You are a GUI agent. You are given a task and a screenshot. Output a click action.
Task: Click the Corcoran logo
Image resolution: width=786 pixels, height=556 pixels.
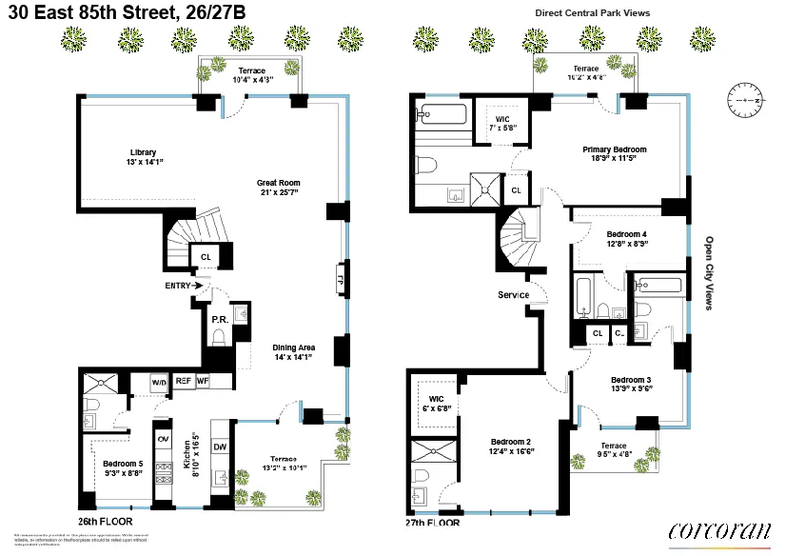pos(719,531)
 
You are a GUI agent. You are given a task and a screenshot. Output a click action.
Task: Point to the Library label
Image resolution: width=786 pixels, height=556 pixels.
pos(143,157)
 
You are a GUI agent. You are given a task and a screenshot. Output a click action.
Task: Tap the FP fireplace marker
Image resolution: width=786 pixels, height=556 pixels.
pos(339,280)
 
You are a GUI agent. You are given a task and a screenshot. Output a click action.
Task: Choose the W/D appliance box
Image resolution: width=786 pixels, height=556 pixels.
pos(159,382)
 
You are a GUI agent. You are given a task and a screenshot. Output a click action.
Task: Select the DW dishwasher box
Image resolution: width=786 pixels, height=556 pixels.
pos(220,447)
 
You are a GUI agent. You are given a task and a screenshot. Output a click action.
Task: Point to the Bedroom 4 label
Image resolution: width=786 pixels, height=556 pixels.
pos(626,238)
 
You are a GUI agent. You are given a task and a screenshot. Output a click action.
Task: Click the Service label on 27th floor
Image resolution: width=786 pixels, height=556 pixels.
pos(513,295)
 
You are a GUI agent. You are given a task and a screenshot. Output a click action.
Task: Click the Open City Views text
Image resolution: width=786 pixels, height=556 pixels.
pos(709,273)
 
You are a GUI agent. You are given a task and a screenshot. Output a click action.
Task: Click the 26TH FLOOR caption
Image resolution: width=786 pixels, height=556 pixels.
pos(106,522)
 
